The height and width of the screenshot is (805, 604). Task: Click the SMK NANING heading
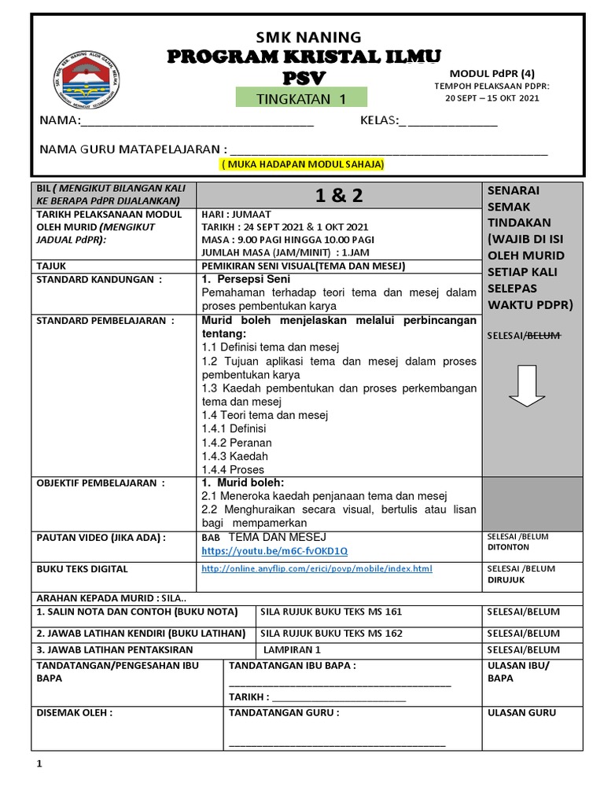click(308, 37)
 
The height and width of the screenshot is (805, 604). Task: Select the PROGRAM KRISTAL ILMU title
click(304, 57)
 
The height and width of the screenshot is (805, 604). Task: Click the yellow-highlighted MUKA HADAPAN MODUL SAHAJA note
click(303, 165)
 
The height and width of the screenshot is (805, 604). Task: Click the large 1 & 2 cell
click(339, 196)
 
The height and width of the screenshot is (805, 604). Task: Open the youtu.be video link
click(274, 550)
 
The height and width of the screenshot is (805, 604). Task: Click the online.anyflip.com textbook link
click(317, 568)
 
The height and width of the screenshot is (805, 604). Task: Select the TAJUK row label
click(52, 266)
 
